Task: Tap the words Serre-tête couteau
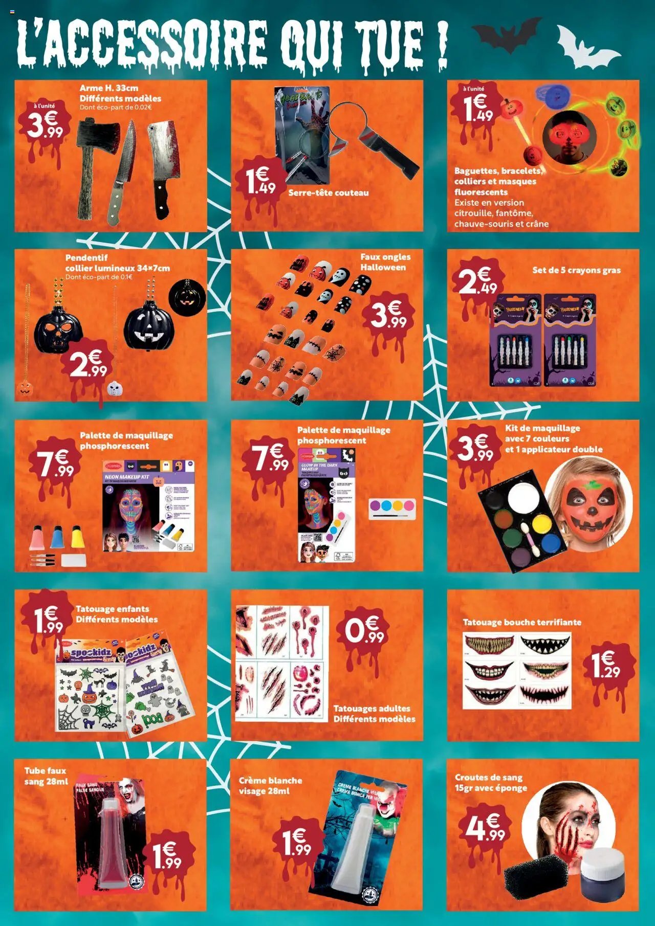click(x=328, y=193)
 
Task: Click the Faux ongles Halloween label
click(x=385, y=262)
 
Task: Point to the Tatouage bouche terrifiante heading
click(x=522, y=622)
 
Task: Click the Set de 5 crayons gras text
click(x=576, y=270)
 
